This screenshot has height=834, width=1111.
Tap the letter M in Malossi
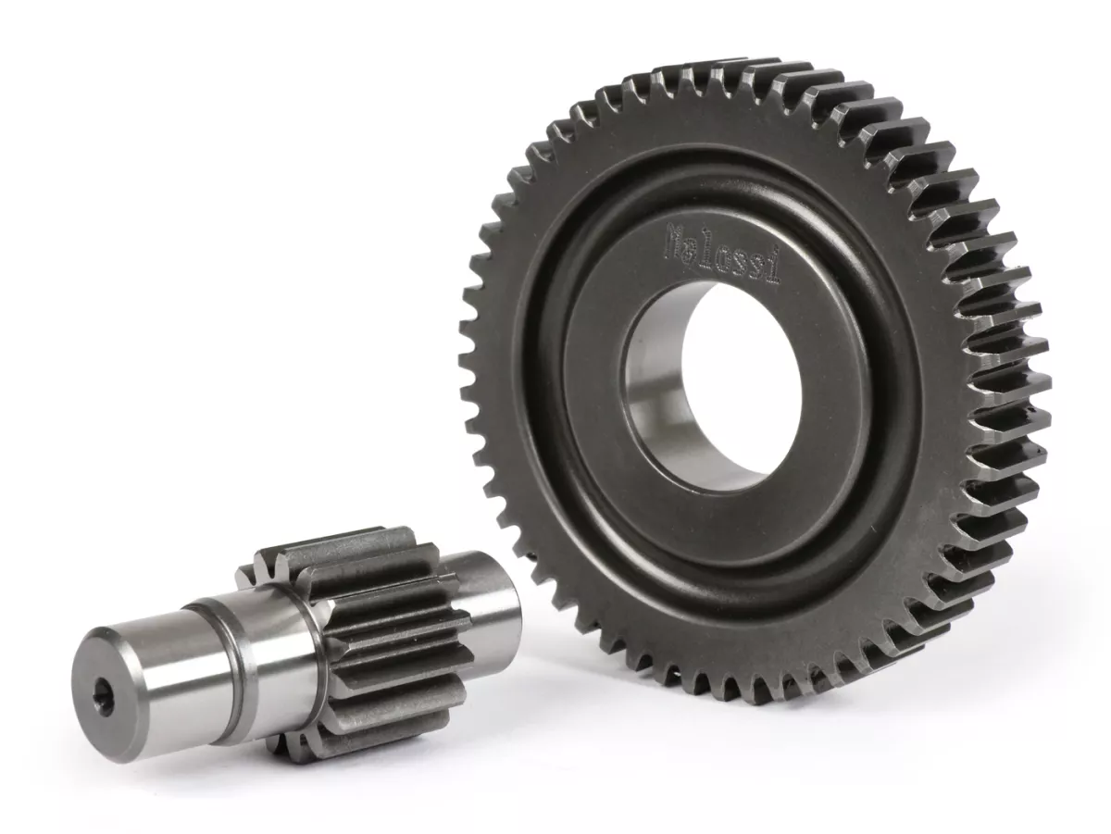click(x=674, y=240)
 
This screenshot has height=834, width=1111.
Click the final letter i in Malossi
click(x=773, y=269)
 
